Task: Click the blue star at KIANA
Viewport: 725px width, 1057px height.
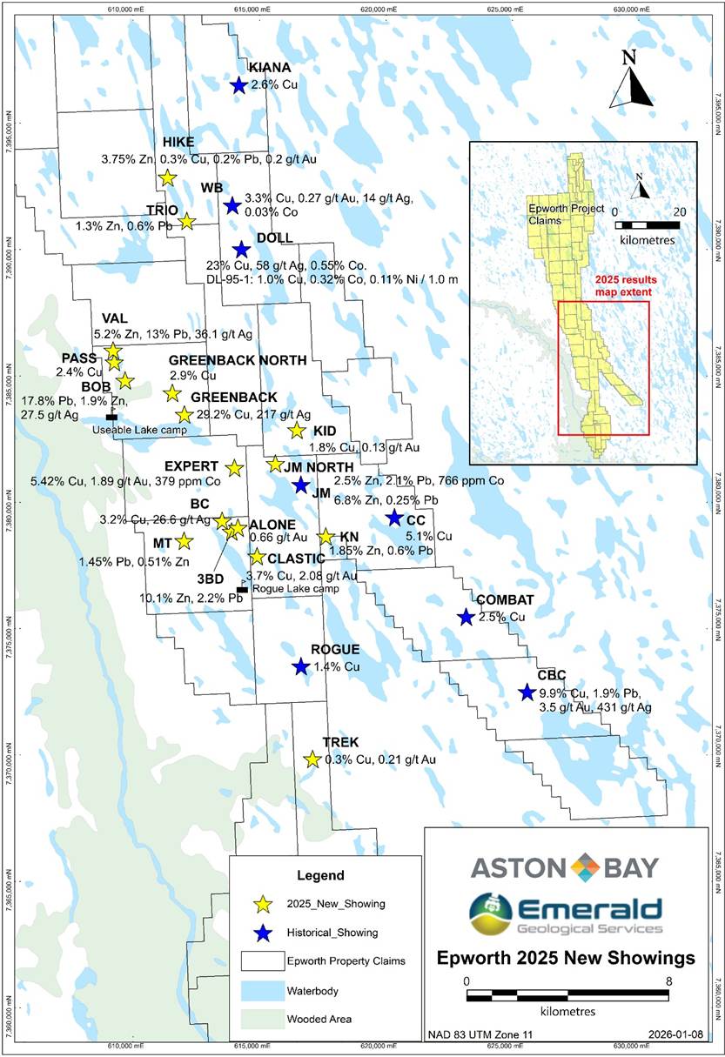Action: [x=238, y=85]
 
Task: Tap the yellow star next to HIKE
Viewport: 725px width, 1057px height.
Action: [x=167, y=177]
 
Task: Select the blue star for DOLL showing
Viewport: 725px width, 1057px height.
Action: [x=241, y=250]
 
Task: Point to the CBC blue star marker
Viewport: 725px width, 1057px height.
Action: [x=526, y=692]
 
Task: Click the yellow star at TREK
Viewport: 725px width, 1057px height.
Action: [x=312, y=759]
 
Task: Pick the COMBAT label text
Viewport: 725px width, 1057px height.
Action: [x=504, y=600]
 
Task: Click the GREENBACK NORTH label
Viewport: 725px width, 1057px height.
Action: [x=238, y=361]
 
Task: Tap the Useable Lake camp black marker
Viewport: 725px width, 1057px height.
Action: [x=111, y=418]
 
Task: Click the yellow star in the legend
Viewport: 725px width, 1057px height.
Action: [x=264, y=904]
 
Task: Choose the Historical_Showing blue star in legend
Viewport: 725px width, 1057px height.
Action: [x=264, y=933]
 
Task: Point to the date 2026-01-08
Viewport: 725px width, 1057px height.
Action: [x=671, y=1035]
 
